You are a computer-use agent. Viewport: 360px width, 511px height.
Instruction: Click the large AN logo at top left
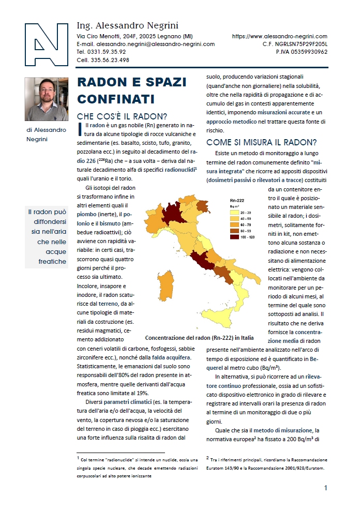tap(46, 45)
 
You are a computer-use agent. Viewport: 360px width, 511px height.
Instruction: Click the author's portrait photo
tap(46, 99)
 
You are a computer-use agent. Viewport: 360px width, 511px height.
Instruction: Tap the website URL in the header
tap(280, 36)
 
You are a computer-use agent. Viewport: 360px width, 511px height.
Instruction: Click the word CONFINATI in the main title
tap(111, 98)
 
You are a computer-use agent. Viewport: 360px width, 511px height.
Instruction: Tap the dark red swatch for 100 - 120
tap(234, 237)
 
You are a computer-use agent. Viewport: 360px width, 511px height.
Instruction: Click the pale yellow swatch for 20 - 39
tap(234, 212)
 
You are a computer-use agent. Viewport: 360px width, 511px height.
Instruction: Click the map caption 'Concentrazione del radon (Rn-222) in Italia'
tap(199, 338)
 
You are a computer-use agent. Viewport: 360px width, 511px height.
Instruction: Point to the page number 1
tap(325, 488)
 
